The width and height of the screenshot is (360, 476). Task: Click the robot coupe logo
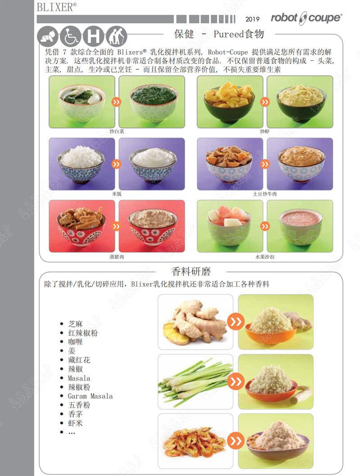[x=306, y=18]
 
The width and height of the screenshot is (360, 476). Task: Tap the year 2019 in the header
[x=252, y=19]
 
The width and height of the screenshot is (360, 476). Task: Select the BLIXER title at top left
[x=56, y=6]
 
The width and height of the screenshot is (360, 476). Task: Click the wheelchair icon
[x=71, y=36]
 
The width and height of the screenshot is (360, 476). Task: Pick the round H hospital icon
[x=94, y=36]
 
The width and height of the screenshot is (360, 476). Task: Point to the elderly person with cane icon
[x=116, y=36]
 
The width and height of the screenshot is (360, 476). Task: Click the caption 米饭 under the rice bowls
[x=117, y=193]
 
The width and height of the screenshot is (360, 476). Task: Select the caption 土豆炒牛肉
[x=265, y=193]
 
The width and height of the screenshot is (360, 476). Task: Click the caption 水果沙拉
[x=265, y=256]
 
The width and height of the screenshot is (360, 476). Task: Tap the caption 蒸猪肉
[x=117, y=256]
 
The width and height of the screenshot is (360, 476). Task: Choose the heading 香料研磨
[x=191, y=271]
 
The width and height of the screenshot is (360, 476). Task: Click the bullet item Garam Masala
[x=90, y=396]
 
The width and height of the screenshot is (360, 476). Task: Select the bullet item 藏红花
[x=79, y=360]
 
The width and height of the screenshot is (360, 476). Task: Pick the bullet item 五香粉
[x=79, y=405]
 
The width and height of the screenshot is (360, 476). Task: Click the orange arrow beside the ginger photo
[x=235, y=322]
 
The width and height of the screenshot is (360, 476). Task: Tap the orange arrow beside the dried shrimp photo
[x=235, y=441]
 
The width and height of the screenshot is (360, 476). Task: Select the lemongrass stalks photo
[x=195, y=382]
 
